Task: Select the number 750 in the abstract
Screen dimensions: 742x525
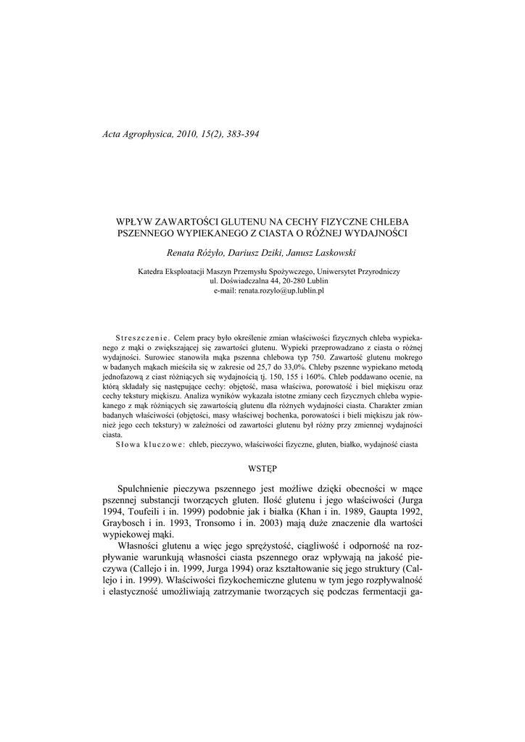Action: [318, 358]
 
